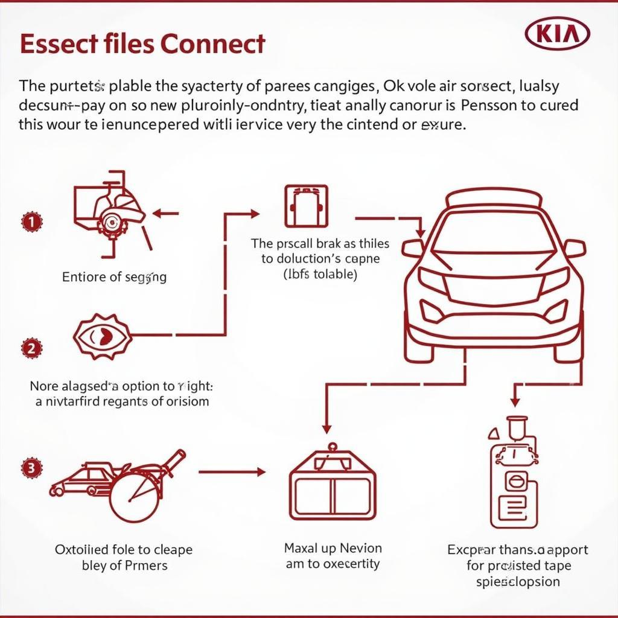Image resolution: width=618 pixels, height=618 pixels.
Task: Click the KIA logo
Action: click(557, 35)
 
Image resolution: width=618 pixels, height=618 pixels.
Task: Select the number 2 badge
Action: click(31, 348)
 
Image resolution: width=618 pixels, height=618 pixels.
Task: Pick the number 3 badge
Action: click(31, 467)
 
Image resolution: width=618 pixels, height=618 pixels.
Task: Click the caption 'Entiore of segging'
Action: click(114, 277)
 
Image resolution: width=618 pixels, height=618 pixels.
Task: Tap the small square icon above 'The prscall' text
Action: click(305, 206)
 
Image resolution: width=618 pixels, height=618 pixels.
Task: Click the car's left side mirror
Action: click(413, 248)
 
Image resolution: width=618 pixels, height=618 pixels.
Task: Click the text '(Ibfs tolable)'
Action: click(320, 275)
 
